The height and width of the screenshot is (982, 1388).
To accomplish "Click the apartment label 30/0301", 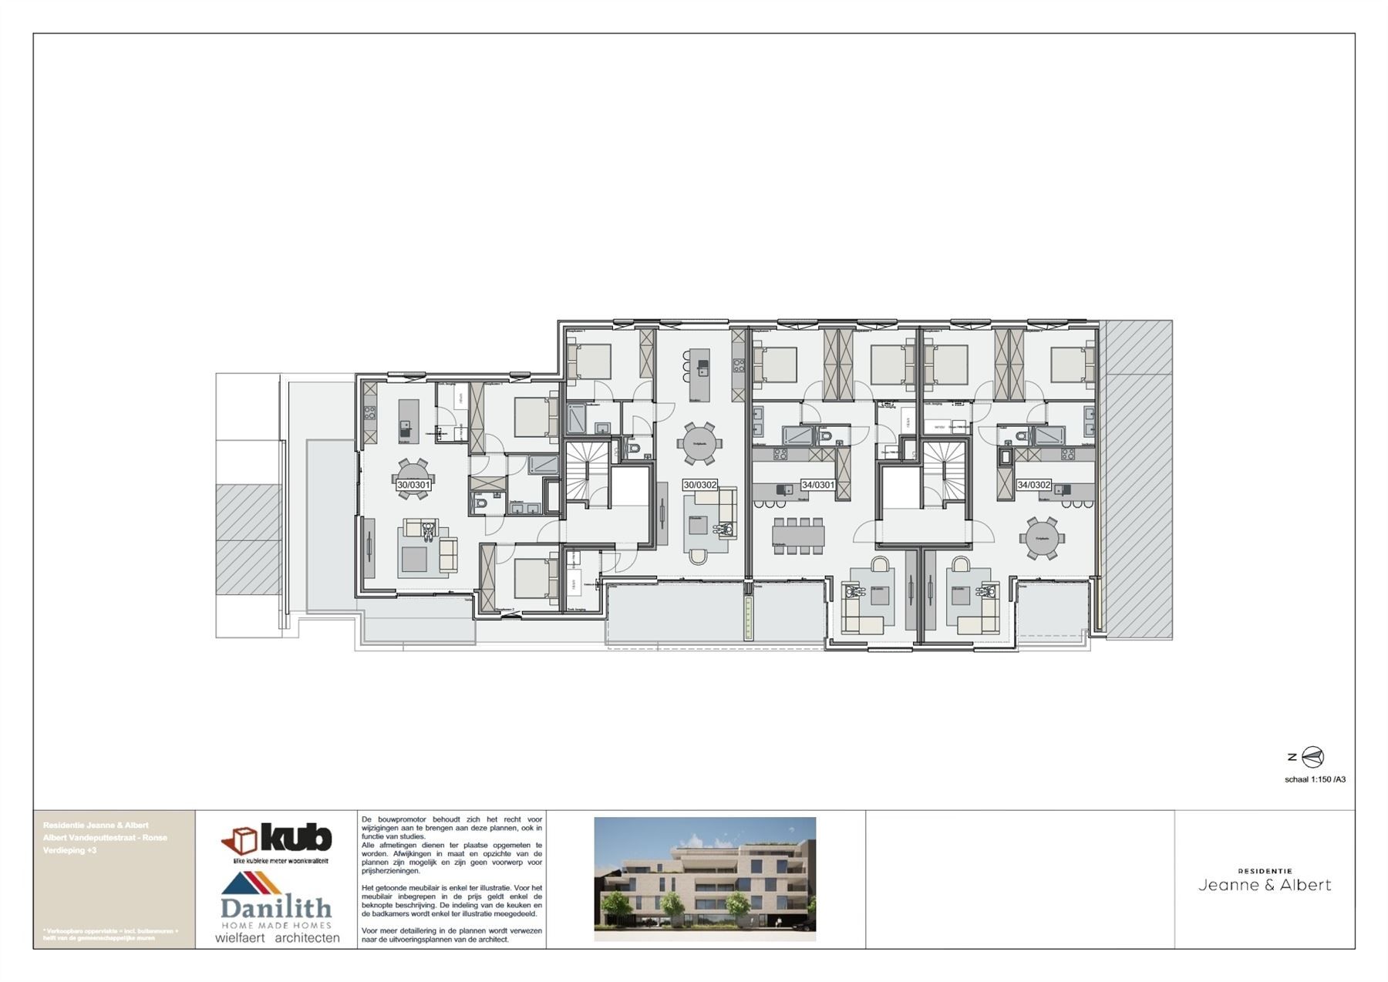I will click(x=413, y=486).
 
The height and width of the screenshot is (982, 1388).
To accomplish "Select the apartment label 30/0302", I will click(x=699, y=485).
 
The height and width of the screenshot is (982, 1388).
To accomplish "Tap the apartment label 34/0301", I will click(x=817, y=485).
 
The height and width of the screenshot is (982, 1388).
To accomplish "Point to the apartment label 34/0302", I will click(x=1033, y=485).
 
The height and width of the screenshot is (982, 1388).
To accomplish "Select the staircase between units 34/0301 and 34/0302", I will click(x=945, y=472).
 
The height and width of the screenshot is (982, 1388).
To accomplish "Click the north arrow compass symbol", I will click(x=1312, y=758).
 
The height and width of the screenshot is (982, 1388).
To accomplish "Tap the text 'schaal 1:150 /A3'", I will click(x=1315, y=779).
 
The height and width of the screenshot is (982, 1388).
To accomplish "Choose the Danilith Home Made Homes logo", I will click(x=275, y=902).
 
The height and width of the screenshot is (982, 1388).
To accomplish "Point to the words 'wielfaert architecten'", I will click(x=277, y=938).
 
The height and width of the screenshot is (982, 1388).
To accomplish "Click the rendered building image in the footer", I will click(x=705, y=879).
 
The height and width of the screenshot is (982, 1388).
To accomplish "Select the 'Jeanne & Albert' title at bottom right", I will click(x=1265, y=885).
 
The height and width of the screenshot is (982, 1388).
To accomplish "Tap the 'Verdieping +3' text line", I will click(x=70, y=850).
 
